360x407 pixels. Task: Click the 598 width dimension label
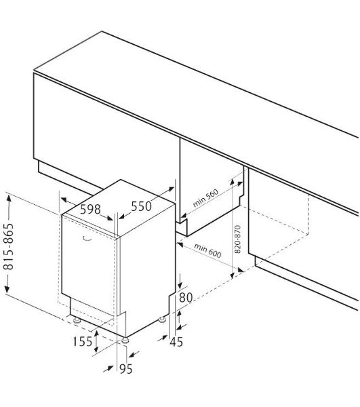click(90, 209)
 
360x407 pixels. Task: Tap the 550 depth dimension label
click(141, 207)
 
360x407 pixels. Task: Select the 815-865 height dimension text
click(9, 246)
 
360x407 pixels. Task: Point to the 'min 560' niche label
click(205, 198)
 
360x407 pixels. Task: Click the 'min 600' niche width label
click(207, 251)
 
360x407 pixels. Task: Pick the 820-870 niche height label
click(237, 239)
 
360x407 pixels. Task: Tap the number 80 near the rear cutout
click(186, 298)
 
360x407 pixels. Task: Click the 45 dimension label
click(176, 342)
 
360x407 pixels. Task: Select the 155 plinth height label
click(82, 342)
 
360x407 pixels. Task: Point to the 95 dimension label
click(126, 369)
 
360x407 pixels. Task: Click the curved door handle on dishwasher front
click(87, 239)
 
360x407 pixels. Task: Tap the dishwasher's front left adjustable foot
click(77, 321)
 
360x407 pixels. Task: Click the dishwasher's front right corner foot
click(125, 341)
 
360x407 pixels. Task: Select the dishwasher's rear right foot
click(162, 319)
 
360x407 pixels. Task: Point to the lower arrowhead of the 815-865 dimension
click(7, 289)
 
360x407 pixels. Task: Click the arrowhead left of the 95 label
click(109, 368)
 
